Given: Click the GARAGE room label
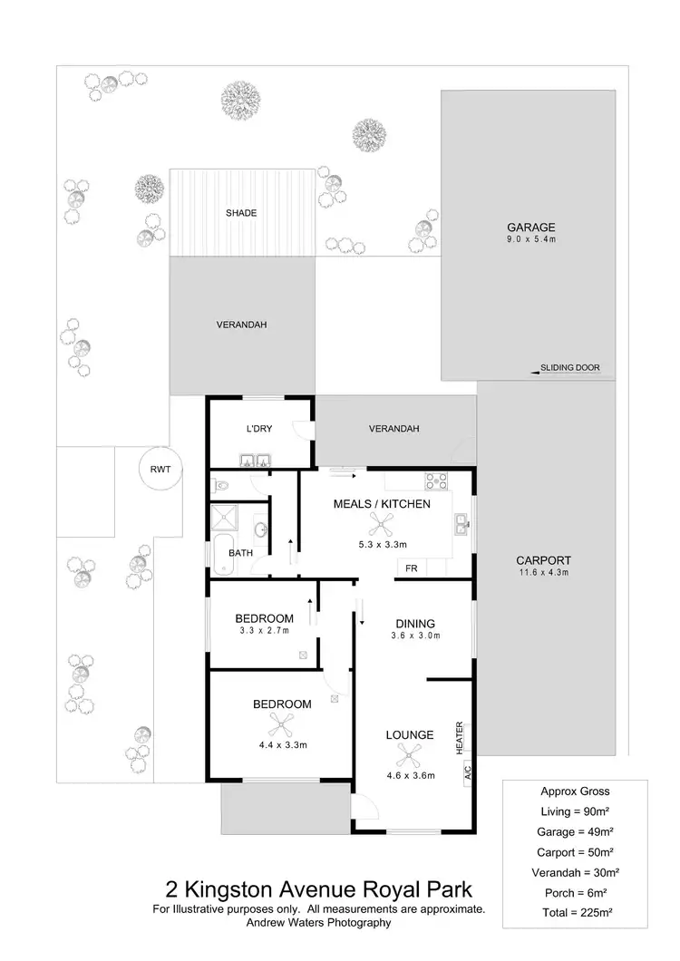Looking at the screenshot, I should pos(530,227).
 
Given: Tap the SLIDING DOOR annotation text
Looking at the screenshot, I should pos(570,368).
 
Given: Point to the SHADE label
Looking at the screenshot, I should pos(241,213).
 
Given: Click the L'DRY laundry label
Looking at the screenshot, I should pos(259,429).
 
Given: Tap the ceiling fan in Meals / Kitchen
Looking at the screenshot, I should pos(382,523).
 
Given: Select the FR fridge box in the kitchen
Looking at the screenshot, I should pos(411,568).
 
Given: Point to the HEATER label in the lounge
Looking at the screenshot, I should pos(461,737).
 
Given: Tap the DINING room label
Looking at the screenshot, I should pos(415,623).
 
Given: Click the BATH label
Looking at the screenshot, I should pos(240,552).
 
